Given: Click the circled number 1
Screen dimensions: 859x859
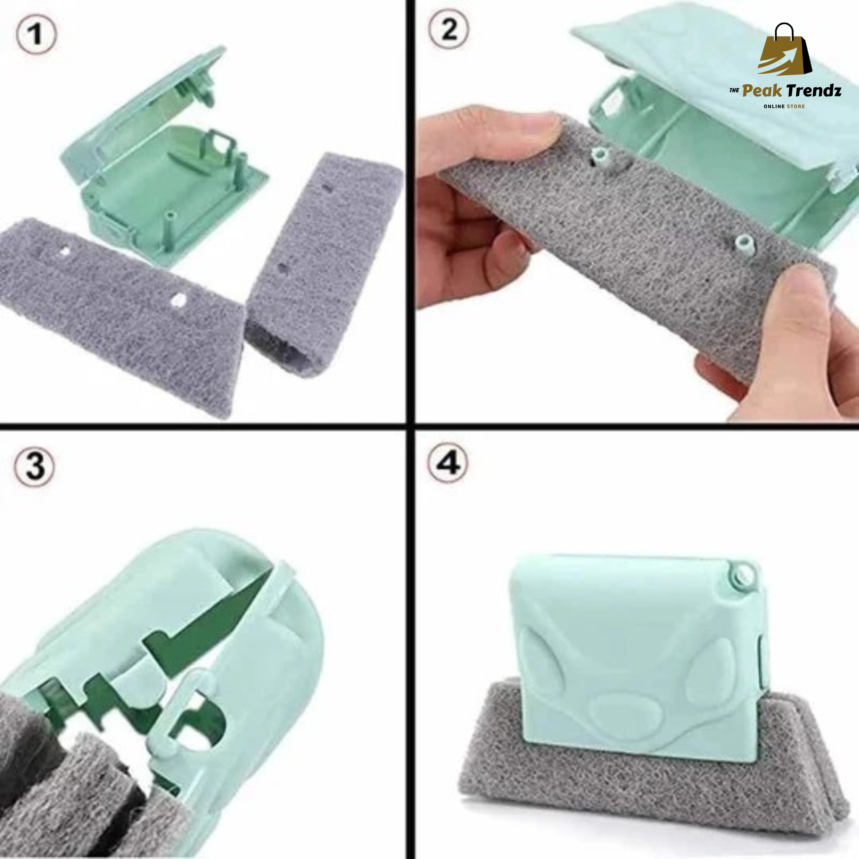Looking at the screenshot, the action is [37, 34].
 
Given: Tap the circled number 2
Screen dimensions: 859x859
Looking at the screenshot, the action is [449, 30].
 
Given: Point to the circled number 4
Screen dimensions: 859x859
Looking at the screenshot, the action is [448, 464].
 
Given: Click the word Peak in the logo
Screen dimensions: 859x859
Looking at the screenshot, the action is [761, 91].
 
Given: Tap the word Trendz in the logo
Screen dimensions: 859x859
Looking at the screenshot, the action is [813, 91].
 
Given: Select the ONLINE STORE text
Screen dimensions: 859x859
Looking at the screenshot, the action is [784, 107].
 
